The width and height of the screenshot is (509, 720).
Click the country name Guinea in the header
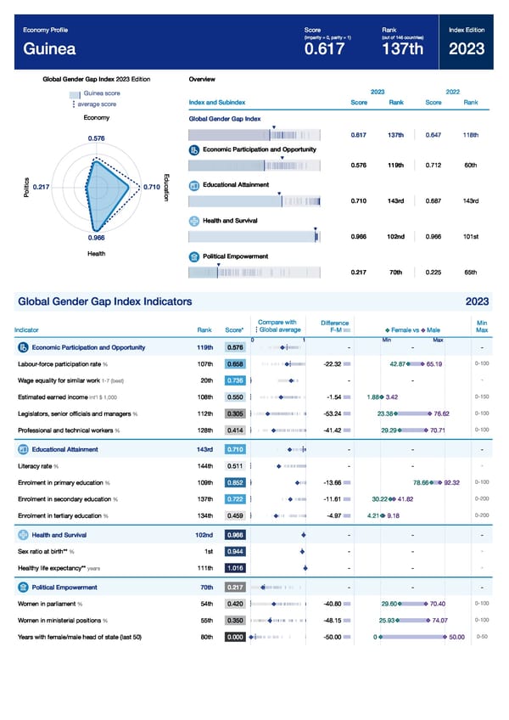49,49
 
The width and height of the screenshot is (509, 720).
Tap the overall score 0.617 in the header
324,50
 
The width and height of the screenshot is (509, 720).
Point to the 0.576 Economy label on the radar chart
97,138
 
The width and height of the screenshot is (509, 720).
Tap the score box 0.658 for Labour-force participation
235,363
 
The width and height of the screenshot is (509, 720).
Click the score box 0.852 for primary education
235,482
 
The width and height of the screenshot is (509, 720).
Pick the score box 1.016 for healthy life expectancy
235,568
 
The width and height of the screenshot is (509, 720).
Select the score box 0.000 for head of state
235,638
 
